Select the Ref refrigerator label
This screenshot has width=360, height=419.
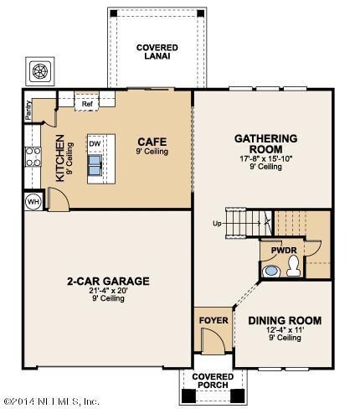click(x=86, y=105)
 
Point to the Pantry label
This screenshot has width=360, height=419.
click(x=28, y=111)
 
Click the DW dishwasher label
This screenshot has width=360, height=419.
click(x=95, y=143)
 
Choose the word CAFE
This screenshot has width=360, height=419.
click(x=154, y=142)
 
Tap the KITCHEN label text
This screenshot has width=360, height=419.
click(x=59, y=159)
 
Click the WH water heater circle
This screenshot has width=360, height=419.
click(x=34, y=201)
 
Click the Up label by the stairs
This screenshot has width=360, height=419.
click(x=217, y=223)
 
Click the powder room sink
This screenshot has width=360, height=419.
click(x=270, y=270)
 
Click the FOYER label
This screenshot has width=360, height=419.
click(x=209, y=320)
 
